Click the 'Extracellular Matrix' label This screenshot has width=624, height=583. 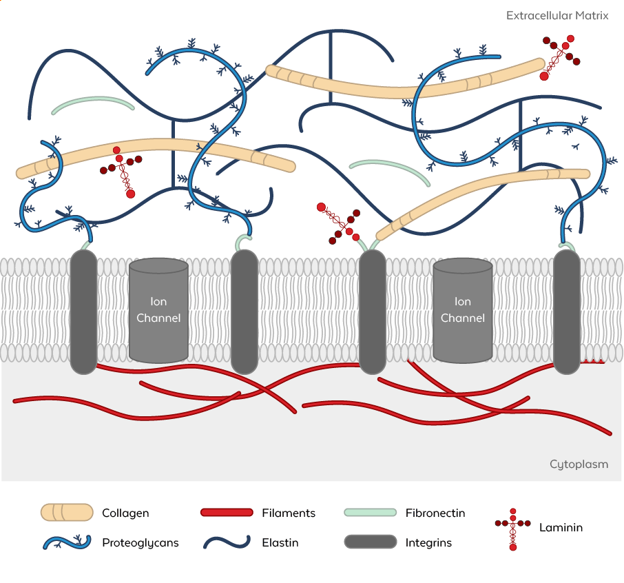click(557, 16)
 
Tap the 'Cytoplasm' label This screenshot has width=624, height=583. click(579, 464)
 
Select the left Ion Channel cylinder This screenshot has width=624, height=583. click(158, 310)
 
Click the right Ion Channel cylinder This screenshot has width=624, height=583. click(462, 310)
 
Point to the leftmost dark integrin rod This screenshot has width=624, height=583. click(83, 311)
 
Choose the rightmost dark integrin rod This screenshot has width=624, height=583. click(567, 311)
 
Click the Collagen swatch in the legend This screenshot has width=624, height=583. click(67, 513)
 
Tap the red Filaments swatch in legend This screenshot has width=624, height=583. click(227, 513)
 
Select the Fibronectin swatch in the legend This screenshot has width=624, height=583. click(370, 513)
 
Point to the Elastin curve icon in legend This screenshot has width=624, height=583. click(227, 542)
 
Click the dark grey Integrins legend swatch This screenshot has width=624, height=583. click(371, 542)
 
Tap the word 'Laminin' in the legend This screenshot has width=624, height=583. click(561, 528)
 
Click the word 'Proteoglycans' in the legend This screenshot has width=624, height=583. click(140, 543)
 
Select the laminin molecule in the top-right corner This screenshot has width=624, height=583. click(561, 57)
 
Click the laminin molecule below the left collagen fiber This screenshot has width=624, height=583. click(121, 172)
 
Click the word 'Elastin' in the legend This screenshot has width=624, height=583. click(280, 543)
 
